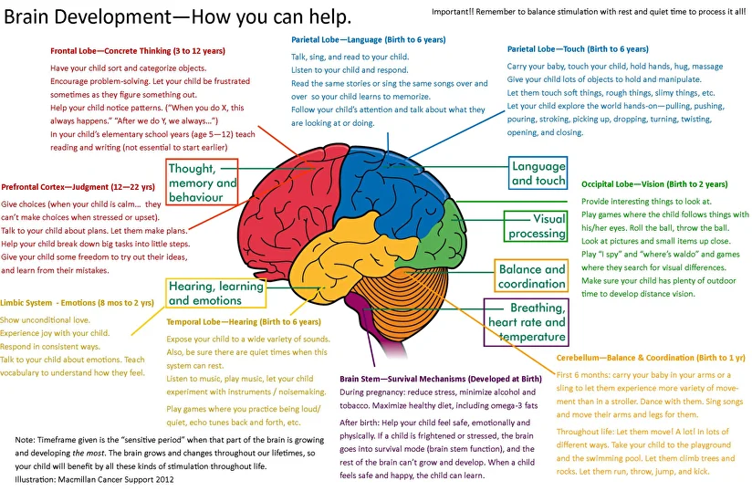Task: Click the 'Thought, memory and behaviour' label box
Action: point(202,183)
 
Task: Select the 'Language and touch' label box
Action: point(538,172)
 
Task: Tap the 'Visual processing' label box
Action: point(536,225)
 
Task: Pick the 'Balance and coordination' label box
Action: point(531,276)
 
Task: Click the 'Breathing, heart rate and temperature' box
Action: point(526,322)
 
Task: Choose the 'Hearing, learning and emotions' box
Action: point(215,294)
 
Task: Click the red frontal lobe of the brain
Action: point(287,196)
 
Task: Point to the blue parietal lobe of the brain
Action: point(389,187)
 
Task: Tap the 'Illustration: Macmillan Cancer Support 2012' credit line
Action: point(95,479)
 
